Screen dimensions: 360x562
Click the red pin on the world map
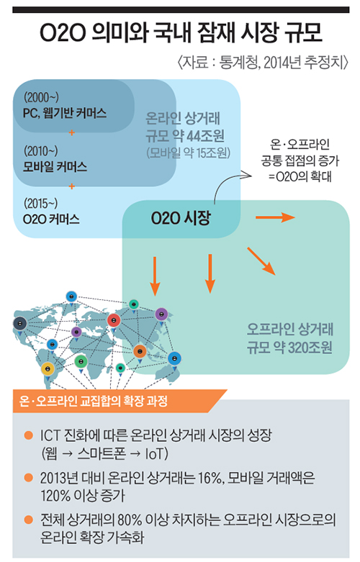click(114, 320)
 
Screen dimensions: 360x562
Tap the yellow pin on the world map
click(48, 368)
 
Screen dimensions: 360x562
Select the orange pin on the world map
click(140, 351)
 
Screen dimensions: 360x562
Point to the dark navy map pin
click(19, 324)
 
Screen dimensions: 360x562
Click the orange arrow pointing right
click(275, 217)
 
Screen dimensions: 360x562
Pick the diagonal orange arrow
click(261, 261)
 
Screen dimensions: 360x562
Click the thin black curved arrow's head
click(246, 176)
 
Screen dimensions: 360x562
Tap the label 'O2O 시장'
click(181, 218)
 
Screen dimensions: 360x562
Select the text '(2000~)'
click(41, 96)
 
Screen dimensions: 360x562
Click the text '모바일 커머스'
click(55, 167)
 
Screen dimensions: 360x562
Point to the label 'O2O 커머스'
click(51, 219)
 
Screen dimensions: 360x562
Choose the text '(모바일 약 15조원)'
click(188, 153)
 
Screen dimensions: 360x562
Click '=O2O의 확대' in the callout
click(300, 176)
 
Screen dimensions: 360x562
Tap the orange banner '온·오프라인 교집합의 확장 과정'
click(93, 401)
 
